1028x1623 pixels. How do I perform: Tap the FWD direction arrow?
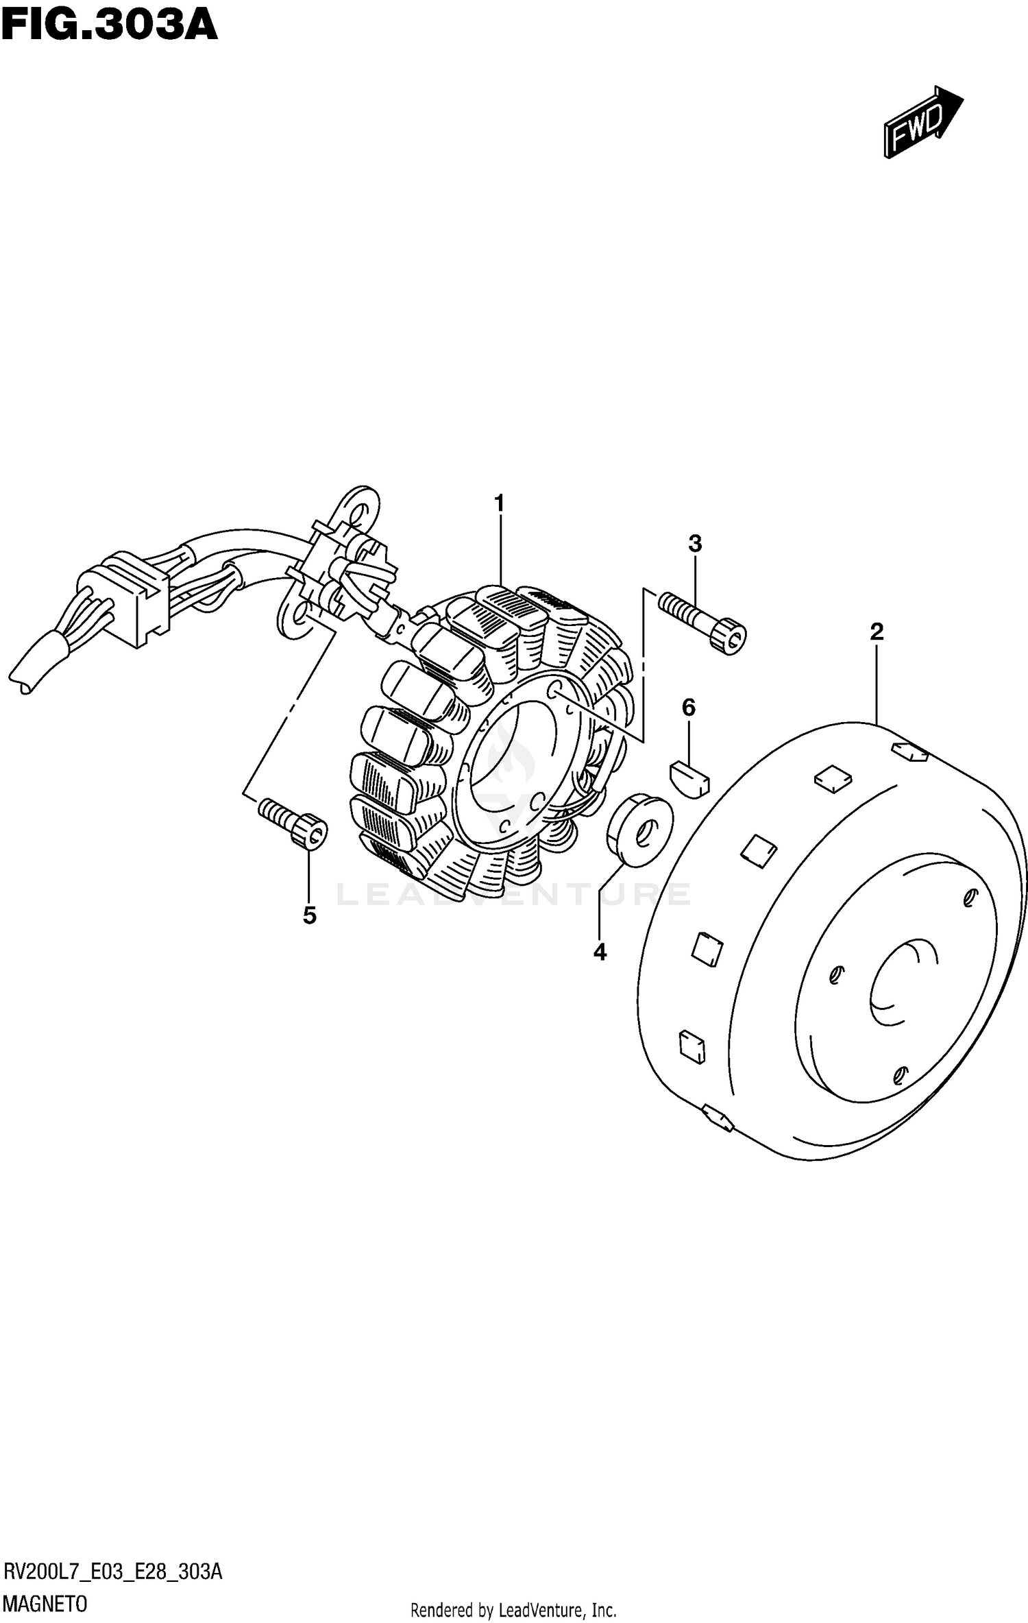922,122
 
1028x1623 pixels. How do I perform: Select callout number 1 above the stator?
500,504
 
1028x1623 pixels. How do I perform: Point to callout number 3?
695,544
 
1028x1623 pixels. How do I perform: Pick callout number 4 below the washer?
600,952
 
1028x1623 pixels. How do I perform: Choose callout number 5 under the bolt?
310,915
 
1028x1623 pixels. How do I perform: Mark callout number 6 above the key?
688,707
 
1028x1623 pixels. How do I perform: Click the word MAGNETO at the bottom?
46,1604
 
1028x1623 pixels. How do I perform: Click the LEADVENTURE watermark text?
514,894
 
